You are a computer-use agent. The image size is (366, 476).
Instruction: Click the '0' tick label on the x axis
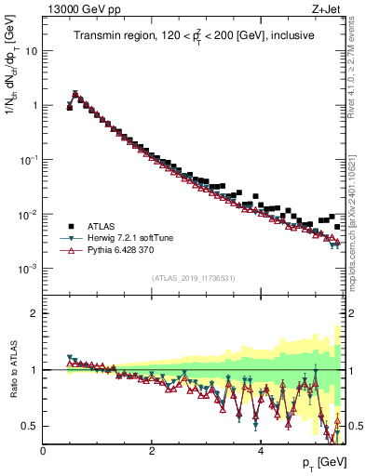click(x=44, y=451)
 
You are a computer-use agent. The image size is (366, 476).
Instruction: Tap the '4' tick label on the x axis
click(x=261, y=451)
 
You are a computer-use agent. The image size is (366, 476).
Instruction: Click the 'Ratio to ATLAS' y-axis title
click(x=12, y=370)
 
